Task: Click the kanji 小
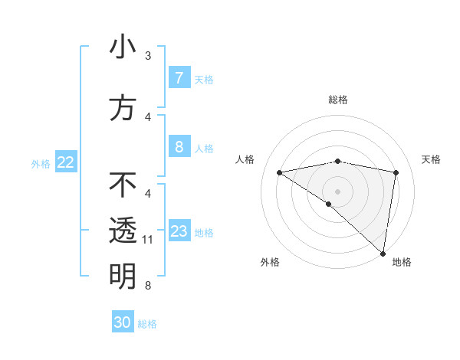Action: tap(123, 47)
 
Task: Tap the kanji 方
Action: tap(123, 108)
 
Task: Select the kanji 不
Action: tap(123, 185)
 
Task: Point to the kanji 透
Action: tap(123, 231)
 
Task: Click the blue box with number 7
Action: tap(179, 78)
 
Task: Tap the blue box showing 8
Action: tap(179, 147)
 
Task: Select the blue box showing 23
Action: tap(179, 231)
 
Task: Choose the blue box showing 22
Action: tap(66, 162)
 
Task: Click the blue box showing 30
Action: tap(123, 322)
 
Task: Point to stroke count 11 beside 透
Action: tap(148, 240)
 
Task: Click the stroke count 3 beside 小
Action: tap(148, 56)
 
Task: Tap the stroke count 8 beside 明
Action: tap(148, 286)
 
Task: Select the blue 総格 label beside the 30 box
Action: tap(147, 324)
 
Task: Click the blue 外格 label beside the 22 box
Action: tap(41, 163)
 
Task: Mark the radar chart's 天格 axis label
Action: tap(432, 159)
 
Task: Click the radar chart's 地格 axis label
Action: tap(402, 262)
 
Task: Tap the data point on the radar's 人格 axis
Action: tap(280, 172)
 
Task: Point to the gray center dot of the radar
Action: tap(337, 191)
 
